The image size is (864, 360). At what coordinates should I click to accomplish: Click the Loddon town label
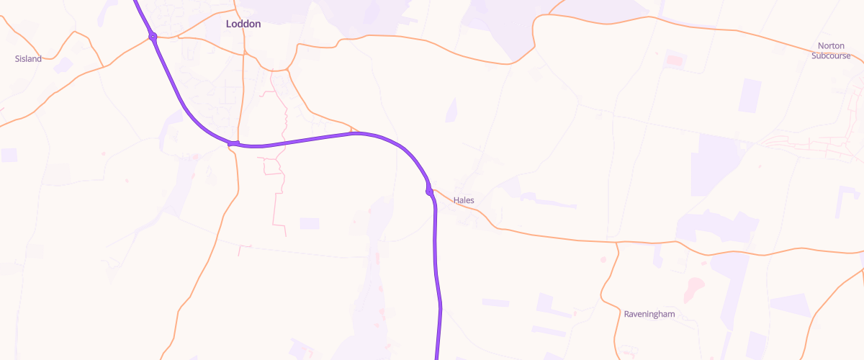point(243,24)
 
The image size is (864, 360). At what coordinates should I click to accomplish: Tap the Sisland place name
point(29,58)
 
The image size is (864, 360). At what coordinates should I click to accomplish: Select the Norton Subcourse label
point(829,50)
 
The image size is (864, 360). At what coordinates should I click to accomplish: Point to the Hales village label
point(464,200)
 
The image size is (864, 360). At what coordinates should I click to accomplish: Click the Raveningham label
point(649,314)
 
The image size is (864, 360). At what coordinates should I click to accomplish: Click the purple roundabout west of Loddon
point(153,36)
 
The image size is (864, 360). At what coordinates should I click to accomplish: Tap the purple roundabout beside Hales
point(430,192)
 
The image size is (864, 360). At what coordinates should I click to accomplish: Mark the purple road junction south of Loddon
point(233,143)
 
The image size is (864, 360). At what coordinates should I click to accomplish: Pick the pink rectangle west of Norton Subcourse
point(674,59)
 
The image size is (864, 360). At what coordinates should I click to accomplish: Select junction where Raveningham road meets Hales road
point(617,243)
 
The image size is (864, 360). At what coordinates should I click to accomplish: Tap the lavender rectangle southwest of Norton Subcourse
point(750,96)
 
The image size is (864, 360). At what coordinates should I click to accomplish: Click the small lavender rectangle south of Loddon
point(310,223)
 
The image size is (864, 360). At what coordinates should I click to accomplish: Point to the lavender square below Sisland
point(9,155)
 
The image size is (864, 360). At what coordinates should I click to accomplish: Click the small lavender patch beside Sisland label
point(63,65)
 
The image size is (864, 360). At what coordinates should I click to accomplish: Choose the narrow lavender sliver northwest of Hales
point(451,110)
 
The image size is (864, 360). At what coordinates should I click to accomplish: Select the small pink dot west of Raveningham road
point(603,258)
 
